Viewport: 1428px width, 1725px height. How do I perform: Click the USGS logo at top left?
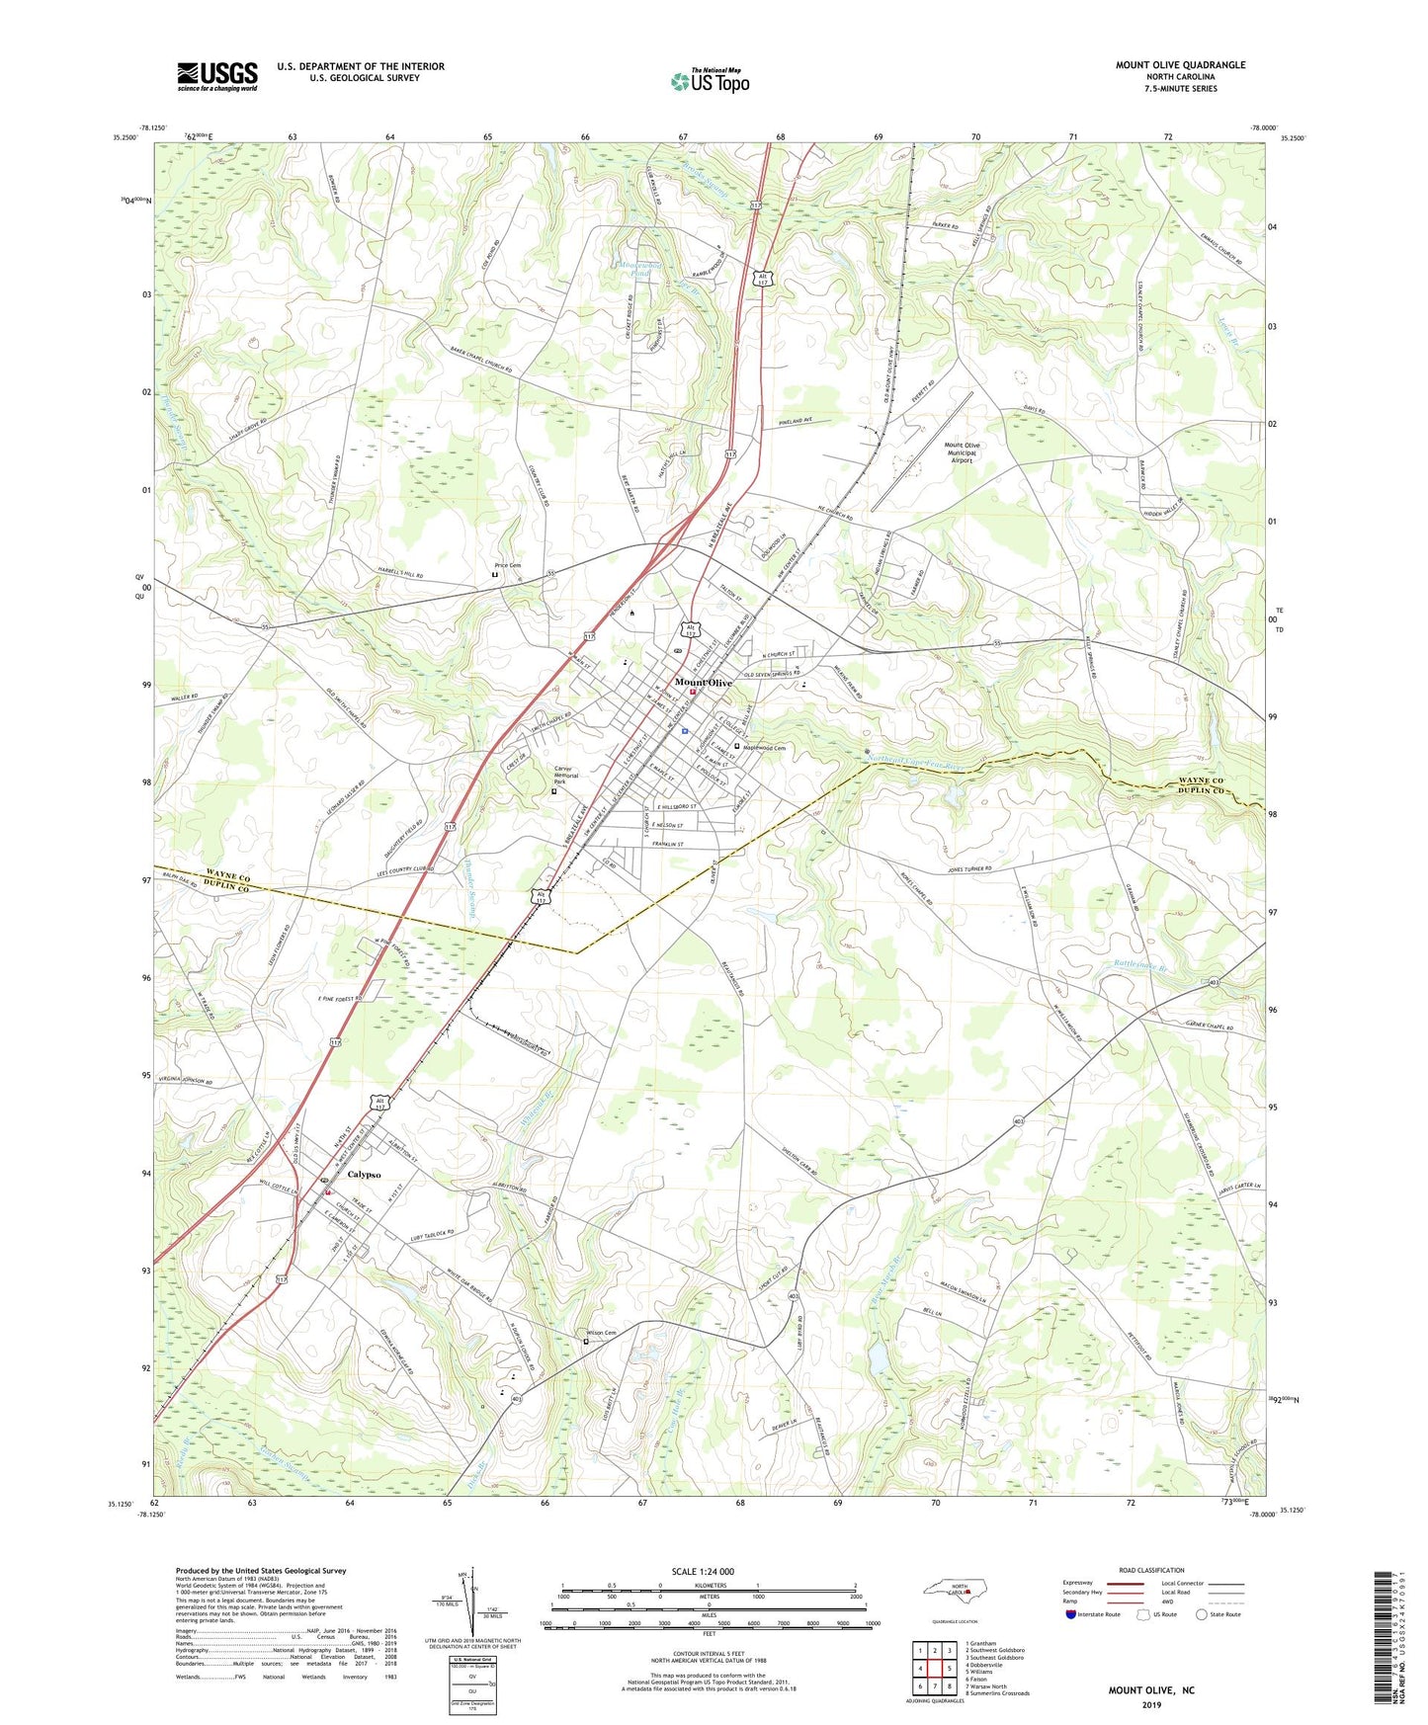coord(217,75)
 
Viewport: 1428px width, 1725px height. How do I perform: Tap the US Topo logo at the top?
coord(710,80)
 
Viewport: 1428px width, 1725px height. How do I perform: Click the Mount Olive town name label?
coord(704,683)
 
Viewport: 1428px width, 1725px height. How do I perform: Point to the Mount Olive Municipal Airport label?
coord(962,452)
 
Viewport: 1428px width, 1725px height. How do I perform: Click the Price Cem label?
coord(507,566)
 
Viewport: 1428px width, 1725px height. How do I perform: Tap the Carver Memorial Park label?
coord(565,775)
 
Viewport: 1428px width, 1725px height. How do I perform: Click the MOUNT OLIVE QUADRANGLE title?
coord(1180,65)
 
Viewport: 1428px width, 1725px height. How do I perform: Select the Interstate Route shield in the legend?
coord(1072,1614)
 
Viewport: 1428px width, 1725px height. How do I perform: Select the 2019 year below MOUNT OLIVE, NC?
coord(1151,1704)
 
